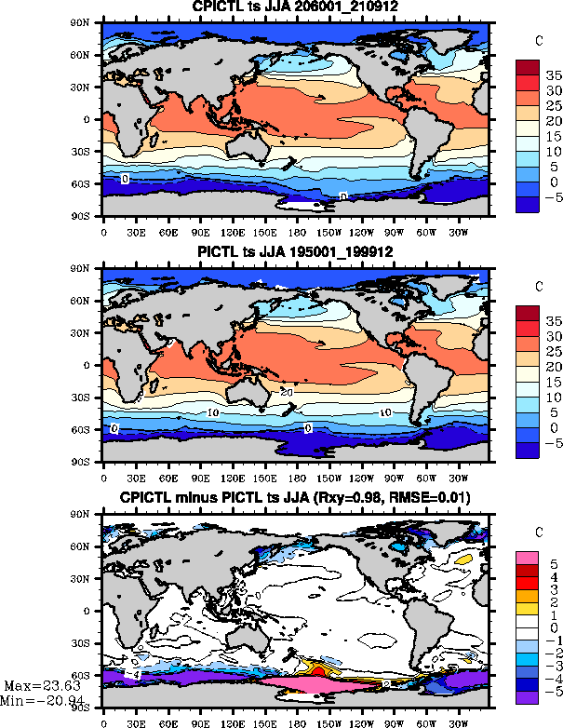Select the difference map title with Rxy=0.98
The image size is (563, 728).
[294, 498]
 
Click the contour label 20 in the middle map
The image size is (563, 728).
[287, 392]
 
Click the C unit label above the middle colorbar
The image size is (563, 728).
[539, 285]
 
